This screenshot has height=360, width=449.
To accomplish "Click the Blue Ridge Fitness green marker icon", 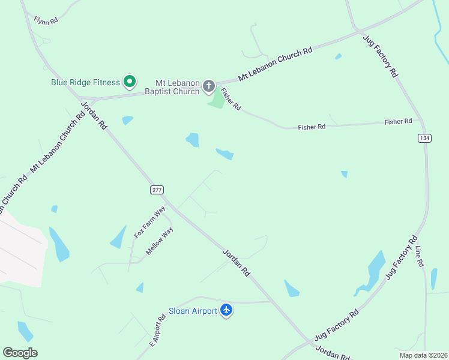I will (129, 81).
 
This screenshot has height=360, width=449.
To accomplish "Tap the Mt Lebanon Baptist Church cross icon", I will (209, 86).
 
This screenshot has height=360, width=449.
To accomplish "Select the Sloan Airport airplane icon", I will (226, 310).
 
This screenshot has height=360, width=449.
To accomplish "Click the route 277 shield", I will (156, 190).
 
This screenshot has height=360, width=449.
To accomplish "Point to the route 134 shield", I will (424, 138).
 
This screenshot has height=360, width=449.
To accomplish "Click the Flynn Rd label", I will (46, 20).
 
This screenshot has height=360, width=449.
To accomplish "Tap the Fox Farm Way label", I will (149, 222).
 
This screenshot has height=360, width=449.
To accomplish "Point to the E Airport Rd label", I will (157, 331).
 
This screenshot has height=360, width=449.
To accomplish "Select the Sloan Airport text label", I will (192, 311).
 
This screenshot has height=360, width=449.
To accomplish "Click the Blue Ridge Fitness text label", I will (85, 81).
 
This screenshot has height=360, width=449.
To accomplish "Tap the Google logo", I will (20, 353).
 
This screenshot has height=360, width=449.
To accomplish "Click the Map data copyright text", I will (422, 355).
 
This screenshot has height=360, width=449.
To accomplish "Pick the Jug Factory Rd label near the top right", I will (381, 55).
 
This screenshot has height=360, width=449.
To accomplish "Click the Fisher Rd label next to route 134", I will (399, 122).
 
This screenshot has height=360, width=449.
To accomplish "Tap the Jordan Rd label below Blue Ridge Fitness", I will (93, 116).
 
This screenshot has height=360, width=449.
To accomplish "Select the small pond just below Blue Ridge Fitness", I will (127, 120).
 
